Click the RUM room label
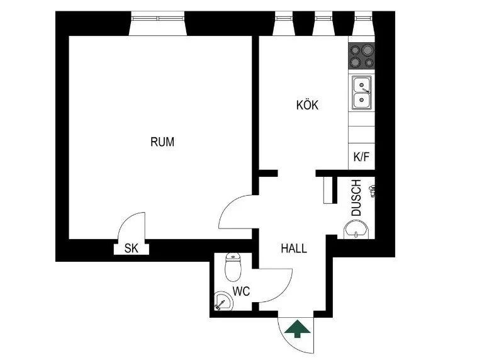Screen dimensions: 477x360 pos(162,142)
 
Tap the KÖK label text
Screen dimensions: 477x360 pos(307,105)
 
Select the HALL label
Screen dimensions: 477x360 pos(294,249)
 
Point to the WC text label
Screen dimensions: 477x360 pos(241,291)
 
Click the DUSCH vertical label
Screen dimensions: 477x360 pos(356,198)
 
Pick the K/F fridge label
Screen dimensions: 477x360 pos(361,157)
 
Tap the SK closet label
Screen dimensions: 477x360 pos(132,249)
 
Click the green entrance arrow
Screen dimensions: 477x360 pos(297,329)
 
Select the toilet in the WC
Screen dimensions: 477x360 pos(233,267)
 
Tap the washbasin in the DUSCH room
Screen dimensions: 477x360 pos(356,231)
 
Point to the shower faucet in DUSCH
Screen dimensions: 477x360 pos(372,191)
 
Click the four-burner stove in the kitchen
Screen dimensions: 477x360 pos(361,55)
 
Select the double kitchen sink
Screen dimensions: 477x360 pos(362,93)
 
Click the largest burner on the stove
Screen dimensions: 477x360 pos(368,49)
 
